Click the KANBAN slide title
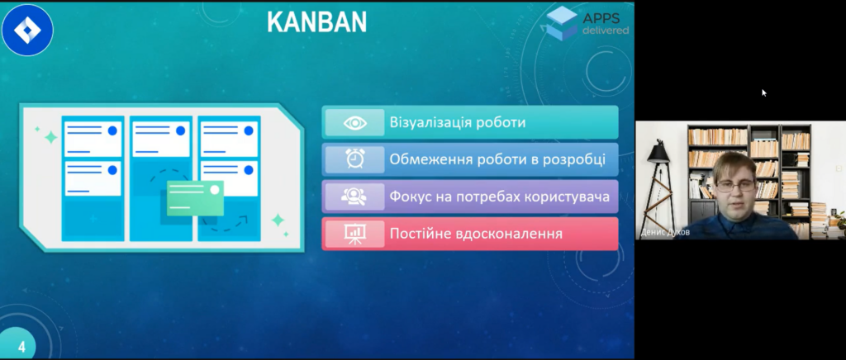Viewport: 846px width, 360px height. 316,22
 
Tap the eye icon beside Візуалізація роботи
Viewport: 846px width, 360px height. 355,123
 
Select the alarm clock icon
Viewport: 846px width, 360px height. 355,159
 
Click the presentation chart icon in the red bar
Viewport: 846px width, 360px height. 355,234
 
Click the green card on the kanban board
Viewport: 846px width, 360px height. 195,198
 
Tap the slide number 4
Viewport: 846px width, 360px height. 21,347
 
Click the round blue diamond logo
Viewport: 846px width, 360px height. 27,30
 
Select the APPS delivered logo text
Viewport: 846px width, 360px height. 606,24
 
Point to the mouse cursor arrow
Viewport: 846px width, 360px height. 764,92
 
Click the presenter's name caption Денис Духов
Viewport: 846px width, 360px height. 665,233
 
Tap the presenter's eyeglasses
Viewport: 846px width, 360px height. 735,186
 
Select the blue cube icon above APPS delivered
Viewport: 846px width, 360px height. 562,22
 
